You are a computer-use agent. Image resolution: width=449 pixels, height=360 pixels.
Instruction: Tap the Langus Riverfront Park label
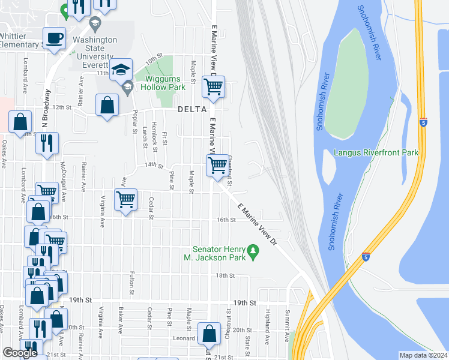click(x=376, y=153)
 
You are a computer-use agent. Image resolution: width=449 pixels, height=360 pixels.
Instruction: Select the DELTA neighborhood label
click(x=192, y=110)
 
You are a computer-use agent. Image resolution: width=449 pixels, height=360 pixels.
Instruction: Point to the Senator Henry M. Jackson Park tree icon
click(x=253, y=249)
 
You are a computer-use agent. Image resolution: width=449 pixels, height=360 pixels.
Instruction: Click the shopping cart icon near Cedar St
click(x=126, y=199)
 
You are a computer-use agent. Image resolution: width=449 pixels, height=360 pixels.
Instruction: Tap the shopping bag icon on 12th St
click(x=107, y=105)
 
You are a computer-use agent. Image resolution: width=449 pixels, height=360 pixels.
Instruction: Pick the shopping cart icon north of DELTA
click(x=213, y=86)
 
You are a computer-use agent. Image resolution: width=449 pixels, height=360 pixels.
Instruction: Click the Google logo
click(x=20, y=353)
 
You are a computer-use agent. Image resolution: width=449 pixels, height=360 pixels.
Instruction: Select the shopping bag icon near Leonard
click(x=208, y=333)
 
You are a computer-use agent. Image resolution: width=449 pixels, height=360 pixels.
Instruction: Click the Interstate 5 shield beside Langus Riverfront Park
click(x=424, y=122)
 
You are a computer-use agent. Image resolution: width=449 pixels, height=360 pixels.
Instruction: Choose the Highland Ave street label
click(x=267, y=324)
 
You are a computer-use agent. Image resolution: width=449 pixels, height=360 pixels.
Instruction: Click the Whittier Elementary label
click(x=20, y=40)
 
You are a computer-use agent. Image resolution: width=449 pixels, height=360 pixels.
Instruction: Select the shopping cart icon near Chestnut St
click(x=217, y=164)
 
